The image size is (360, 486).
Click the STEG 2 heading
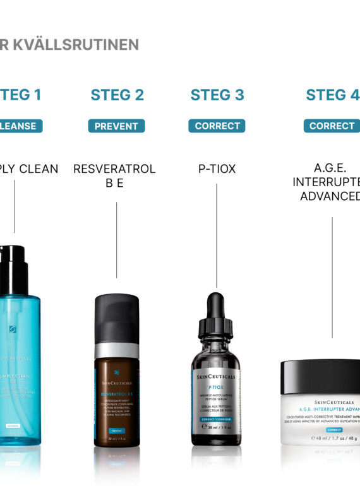[117, 95]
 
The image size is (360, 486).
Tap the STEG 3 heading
[217, 95]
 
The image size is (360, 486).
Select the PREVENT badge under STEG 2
[116, 126]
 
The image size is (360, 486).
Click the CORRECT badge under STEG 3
[217, 126]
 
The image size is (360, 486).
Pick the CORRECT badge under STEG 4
[332, 126]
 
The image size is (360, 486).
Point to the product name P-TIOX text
[217, 169]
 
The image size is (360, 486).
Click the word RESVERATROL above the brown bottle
[114, 169]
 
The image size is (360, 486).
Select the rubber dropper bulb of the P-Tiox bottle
[217, 307]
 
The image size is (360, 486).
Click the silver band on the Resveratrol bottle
[117, 350]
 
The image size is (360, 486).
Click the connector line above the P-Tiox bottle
[217, 234]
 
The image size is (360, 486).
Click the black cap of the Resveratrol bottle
[117, 317]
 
